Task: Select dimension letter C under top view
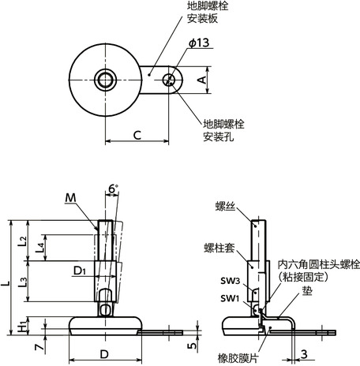point(137,135)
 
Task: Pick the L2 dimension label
point(23,238)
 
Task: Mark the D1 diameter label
point(79,272)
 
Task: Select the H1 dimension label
point(23,323)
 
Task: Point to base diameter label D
point(104,353)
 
